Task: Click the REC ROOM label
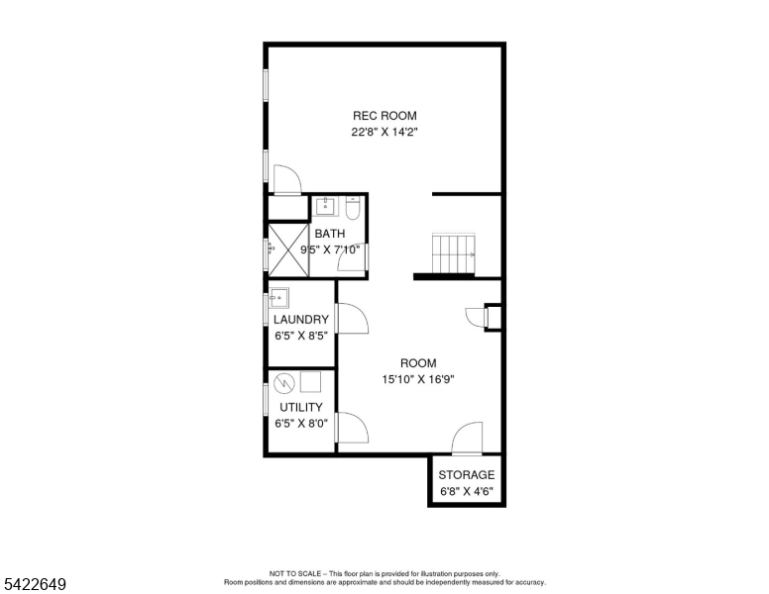pyautogui.click(x=384, y=116)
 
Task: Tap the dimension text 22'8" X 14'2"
pyautogui.click(x=384, y=132)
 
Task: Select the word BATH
pyautogui.click(x=330, y=235)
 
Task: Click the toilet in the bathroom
pyautogui.click(x=353, y=208)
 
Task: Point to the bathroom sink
pyautogui.click(x=326, y=207)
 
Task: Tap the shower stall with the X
pyautogui.click(x=287, y=247)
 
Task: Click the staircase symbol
pyautogui.click(x=453, y=253)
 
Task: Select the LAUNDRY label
pyautogui.click(x=301, y=320)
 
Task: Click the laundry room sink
pyautogui.click(x=279, y=296)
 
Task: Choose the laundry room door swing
pyautogui.click(x=351, y=319)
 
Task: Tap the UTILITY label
pyautogui.click(x=300, y=408)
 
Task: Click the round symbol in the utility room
pyautogui.click(x=284, y=382)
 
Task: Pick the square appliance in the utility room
pyautogui.click(x=312, y=381)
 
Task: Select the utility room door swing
pyautogui.click(x=351, y=427)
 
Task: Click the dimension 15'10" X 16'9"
pyautogui.click(x=418, y=379)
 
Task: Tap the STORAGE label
pyautogui.click(x=466, y=475)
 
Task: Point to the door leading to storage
pyautogui.click(x=467, y=440)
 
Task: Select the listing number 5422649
pyautogui.click(x=35, y=584)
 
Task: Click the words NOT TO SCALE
pyautogui.click(x=291, y=573)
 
